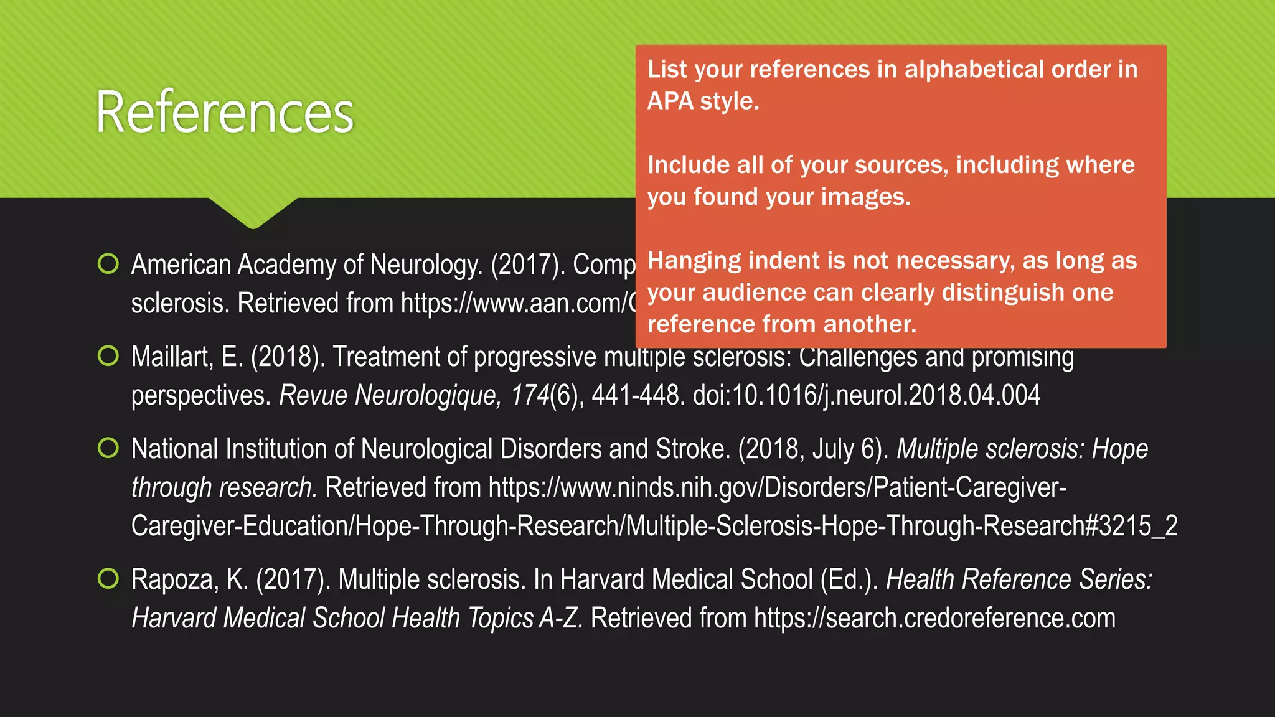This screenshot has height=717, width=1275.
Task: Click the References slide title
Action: [x=224, y=112]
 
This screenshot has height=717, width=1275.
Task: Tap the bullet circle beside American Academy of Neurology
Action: [x=108, y=264]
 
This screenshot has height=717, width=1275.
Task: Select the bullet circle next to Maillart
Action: [x=108, y=356]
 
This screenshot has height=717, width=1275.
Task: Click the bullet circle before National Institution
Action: [x=108, y=448]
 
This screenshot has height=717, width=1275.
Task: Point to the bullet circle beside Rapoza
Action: [x=108, y=579]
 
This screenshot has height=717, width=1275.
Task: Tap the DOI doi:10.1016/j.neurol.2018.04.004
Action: [x=866, y=395]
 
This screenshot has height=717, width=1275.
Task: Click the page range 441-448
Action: [x=635, y=395]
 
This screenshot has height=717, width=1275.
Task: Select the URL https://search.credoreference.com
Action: [x=934, y=618]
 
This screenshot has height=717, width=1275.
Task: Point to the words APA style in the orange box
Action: [x=703, y=101]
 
